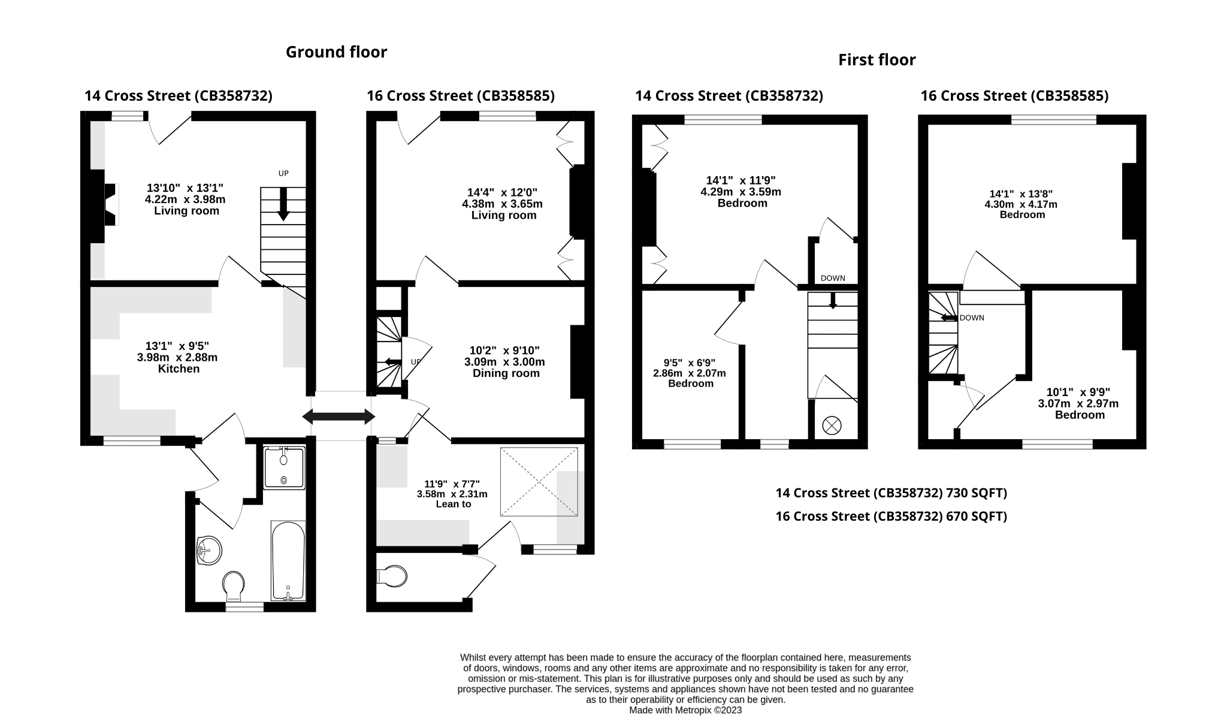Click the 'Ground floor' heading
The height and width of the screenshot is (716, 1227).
point(336,52)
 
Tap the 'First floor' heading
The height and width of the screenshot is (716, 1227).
point(877,60)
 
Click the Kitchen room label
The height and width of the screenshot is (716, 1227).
point(179,369)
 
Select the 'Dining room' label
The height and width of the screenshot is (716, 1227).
point(506,373)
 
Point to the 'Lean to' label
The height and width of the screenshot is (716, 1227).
point(454,504)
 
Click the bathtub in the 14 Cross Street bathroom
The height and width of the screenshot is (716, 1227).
point(288,561)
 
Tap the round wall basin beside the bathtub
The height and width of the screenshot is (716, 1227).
point(208,550)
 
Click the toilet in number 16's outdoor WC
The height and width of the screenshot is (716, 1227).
point(392,576)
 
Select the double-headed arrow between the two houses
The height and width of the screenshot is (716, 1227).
point(339,416)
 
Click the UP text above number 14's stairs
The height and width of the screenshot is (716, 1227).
point(283,174)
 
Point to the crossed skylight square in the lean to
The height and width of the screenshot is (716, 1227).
point(539,481)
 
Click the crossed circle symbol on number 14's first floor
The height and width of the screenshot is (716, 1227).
point(832,426)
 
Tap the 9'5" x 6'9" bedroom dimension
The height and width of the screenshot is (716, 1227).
point(690,363)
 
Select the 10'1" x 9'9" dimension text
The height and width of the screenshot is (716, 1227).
point(1078,392)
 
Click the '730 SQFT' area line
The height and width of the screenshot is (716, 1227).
point(891,493)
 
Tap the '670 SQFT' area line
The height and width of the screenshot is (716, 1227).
point(891,516)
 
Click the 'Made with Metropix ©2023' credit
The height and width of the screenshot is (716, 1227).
point(685,710)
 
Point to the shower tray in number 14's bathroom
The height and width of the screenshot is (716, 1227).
point(284,467)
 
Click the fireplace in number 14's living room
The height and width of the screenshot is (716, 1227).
point(103,205)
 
